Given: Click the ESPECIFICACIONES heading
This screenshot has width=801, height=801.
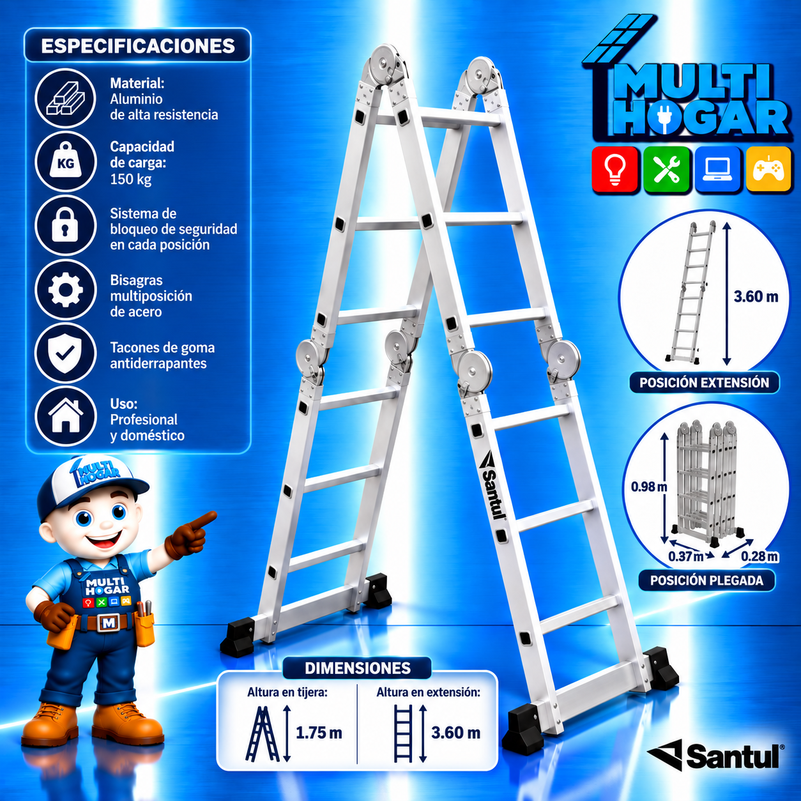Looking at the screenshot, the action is [x=138, y=46].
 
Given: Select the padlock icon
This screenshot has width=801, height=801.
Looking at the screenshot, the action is [x=66, y=225].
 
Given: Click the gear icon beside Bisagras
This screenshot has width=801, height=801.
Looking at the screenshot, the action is [x=66, y=290].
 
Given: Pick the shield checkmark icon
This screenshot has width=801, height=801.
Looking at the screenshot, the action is [x=66, y=354].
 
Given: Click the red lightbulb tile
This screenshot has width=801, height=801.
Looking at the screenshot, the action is [x=614, y=169].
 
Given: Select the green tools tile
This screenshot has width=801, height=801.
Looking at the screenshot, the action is [x=666, y=169].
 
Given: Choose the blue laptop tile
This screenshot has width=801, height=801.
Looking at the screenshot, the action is [x=717, y=169].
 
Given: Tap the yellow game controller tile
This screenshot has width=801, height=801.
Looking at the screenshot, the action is [x=768, y=169].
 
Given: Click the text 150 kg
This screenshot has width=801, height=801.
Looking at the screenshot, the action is [x=130, y=179].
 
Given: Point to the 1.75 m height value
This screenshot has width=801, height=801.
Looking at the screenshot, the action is [x=318, y=733].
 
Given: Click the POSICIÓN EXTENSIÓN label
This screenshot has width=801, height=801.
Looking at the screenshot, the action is [x=704, y=383].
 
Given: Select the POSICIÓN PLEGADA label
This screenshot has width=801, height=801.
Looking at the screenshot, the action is [x=706, y=580].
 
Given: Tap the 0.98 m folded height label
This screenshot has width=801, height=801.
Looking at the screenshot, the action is [x=649, y=486].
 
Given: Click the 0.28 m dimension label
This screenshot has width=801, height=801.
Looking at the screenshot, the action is [x=760, y=556].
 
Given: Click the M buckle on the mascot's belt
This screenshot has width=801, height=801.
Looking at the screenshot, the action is [x=109, y=623].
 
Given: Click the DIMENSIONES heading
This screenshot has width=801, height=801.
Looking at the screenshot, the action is [x=358, y=668].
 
